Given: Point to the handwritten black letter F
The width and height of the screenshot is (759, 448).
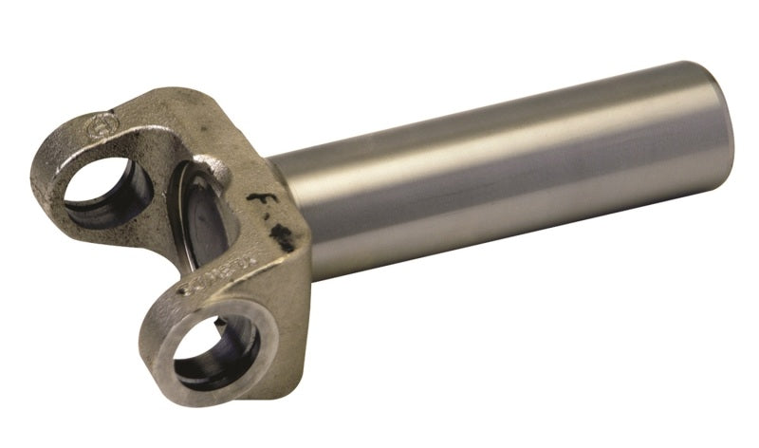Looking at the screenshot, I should [x=254, y=202].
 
